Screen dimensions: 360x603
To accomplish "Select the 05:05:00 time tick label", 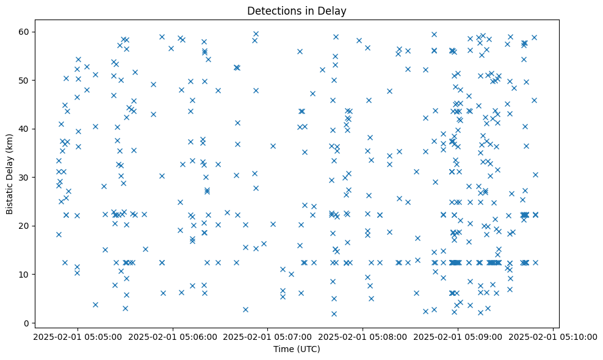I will click(x=78, y=336).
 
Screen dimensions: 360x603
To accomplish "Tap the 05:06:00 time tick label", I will click(x=173, y=336).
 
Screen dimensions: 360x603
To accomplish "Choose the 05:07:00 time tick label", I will click(x=267, y=336).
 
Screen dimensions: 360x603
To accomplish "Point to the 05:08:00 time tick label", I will click(x=363, y=336).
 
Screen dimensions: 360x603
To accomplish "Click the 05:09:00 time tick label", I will click(x=458, y=336).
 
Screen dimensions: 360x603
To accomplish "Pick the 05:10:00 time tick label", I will click(x=553, y=336).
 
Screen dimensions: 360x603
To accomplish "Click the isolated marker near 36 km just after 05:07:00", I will click(x=273, y=146).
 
